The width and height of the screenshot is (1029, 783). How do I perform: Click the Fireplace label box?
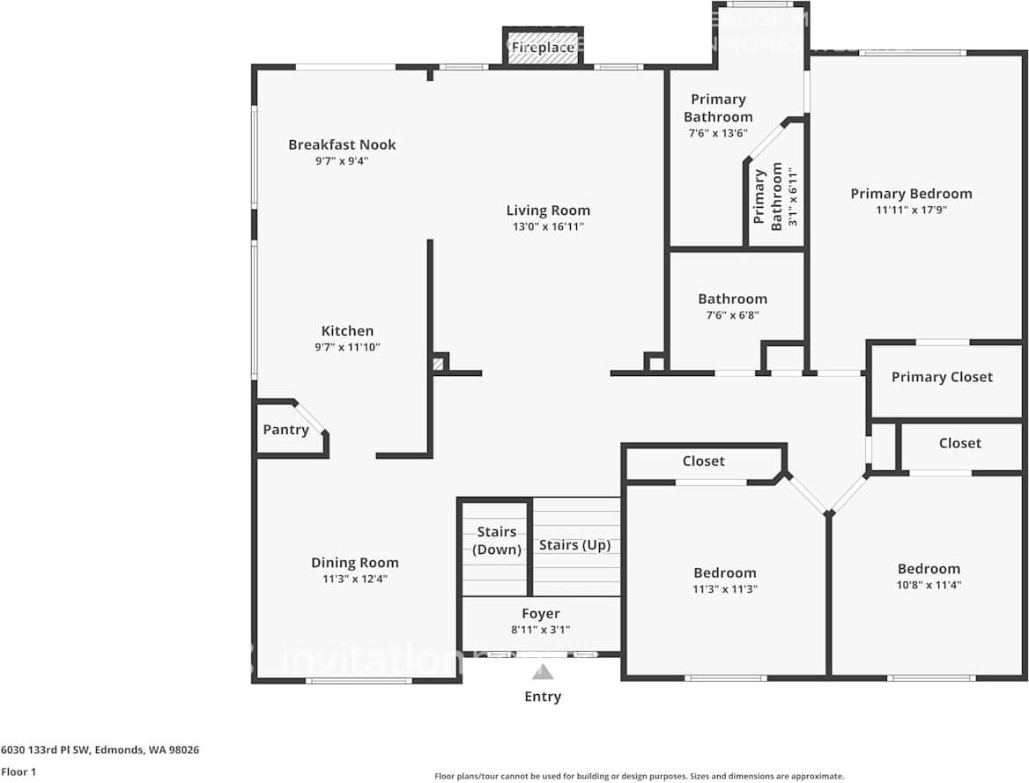[x=543, y=47]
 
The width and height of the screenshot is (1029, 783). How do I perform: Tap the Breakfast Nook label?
[x=342, y=144]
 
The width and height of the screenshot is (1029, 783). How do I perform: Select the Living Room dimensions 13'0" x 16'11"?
[x=548, y=226]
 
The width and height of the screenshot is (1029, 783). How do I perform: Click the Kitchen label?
[x=347, y=331]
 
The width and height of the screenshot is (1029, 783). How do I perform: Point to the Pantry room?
[x=285, y=430]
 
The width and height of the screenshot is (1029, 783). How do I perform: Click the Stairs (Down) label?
[x=496, y=541]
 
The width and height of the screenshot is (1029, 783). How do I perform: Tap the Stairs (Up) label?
[x=574, y=545]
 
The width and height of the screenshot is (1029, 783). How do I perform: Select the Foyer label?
[x=540, y=614]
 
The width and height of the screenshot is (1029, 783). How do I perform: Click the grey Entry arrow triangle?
[x=543, y=673]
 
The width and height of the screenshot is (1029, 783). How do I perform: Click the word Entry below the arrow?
[x=543, y=697]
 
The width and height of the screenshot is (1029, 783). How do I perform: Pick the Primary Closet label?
[x=942, y=377]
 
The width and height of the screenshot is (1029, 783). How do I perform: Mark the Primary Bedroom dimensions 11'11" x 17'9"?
[x=911, y=210]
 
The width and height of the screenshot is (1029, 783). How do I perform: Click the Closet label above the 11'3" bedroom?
[x=703, y=462]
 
